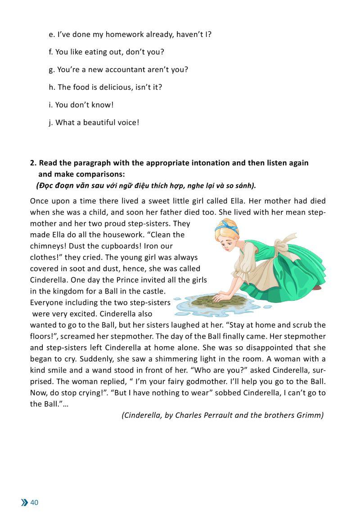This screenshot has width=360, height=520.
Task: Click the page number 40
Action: (35, 502)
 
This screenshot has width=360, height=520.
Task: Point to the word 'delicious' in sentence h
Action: (114, 87)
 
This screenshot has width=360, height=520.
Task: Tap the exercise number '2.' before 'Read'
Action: (33, 163)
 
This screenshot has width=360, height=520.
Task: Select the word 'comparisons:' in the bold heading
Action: (103, 174)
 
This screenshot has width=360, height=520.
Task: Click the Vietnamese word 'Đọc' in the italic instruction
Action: (47, 185)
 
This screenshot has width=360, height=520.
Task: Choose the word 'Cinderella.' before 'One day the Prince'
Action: (49, 280)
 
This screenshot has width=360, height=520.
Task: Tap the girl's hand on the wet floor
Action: (219, 297)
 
